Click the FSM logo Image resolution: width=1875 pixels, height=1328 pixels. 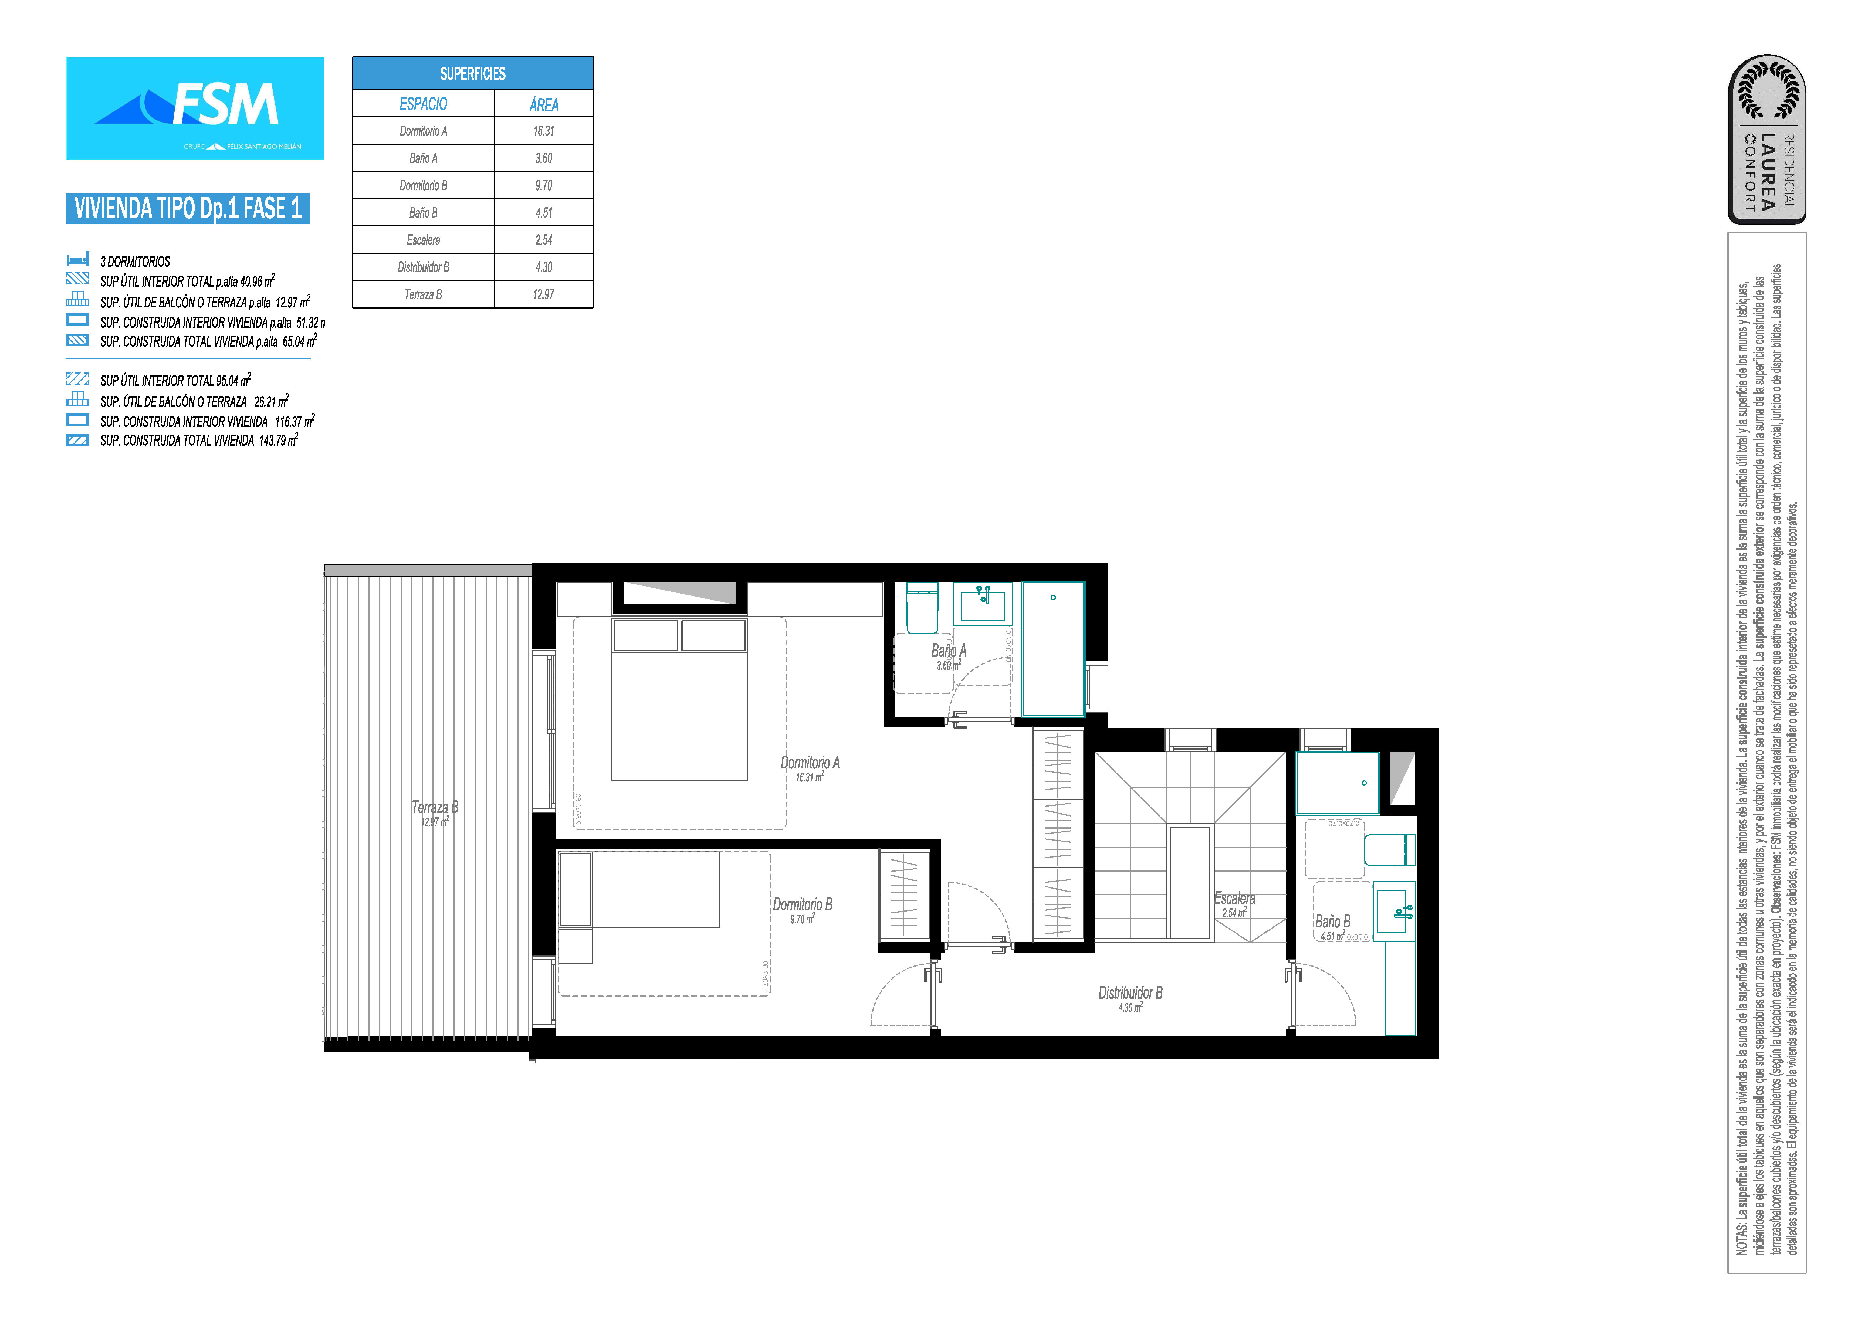(195, 108)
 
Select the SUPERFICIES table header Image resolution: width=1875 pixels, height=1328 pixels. (473, 74)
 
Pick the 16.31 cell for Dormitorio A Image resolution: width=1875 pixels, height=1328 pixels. (544, 131)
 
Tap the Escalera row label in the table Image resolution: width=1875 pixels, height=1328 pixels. (424, 240)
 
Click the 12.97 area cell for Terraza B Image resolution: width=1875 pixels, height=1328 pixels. (544, 294)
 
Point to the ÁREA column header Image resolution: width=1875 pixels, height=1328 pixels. (544, 104)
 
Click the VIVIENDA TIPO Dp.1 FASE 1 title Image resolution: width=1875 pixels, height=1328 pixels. (188, 209)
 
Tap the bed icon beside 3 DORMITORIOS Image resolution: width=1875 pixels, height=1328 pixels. (78, 260)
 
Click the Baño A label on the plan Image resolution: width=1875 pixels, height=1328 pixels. (949, 651)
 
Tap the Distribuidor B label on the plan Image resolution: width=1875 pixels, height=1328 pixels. (1130, 993)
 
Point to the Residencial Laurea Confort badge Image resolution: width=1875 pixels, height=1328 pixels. (1766, 139)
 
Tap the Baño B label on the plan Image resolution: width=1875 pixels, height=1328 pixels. (1333, 922)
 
